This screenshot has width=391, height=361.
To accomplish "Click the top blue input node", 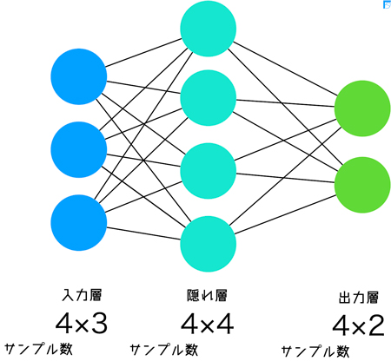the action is [79, 76].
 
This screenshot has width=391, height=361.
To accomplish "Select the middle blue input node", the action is [79, 149].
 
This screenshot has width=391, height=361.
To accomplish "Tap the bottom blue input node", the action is [79, 223].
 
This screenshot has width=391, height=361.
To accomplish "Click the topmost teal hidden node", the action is [209, 29].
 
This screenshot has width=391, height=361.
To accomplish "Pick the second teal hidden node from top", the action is [209, 98].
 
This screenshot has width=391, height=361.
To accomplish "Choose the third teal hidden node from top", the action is [209, 171].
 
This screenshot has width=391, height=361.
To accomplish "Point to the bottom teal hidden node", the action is [209, 244].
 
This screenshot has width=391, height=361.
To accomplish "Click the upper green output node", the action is [362, 108].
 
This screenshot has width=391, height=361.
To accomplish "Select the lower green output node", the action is [362, 185].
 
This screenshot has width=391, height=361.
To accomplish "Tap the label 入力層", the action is [82, 295].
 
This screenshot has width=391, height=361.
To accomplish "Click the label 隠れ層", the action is [207, 295].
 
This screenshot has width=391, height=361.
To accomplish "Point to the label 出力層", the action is [359, 298].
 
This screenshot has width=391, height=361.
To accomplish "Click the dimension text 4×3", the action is [82, 324].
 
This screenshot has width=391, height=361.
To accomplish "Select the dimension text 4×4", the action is [207, 325].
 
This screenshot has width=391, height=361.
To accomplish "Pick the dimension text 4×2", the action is [359, 325].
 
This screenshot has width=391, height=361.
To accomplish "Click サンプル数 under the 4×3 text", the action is [38, 349].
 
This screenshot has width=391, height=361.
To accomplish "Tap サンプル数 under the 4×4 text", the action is [164, 350].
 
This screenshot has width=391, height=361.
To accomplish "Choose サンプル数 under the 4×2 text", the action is [315, 351].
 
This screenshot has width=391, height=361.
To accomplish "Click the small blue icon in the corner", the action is [387, 5].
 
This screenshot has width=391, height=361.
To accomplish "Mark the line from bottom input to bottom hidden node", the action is [143, 233].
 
